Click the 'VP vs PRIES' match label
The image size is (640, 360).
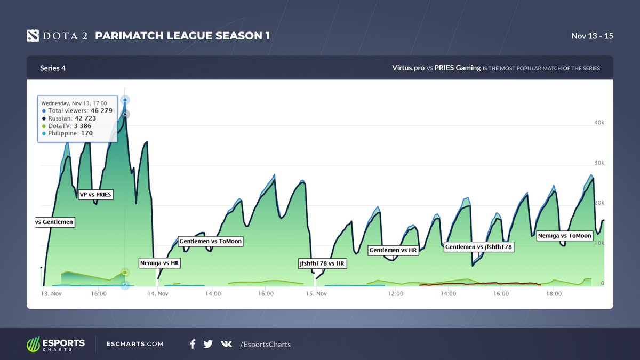click(95, 195)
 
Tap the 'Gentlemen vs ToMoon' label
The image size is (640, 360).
click(210, 241)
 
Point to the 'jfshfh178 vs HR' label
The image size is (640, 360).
click(322, 263)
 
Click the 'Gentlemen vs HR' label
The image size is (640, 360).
click(393, 250)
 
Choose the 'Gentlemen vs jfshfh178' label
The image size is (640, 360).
click(478, 247)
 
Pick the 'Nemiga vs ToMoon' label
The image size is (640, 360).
click(564, 236)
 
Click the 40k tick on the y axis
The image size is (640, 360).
click(599, 123)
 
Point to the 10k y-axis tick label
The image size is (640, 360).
click(599, 243)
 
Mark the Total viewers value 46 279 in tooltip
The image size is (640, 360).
click(102, 110)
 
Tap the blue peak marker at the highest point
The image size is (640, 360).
click(125, 100)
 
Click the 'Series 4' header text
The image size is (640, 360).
click(53, 68)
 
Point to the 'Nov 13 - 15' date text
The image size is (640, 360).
click(592, 36)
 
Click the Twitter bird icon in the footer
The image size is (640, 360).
click(208, 344)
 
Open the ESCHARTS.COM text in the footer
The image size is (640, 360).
click(135, 344)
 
